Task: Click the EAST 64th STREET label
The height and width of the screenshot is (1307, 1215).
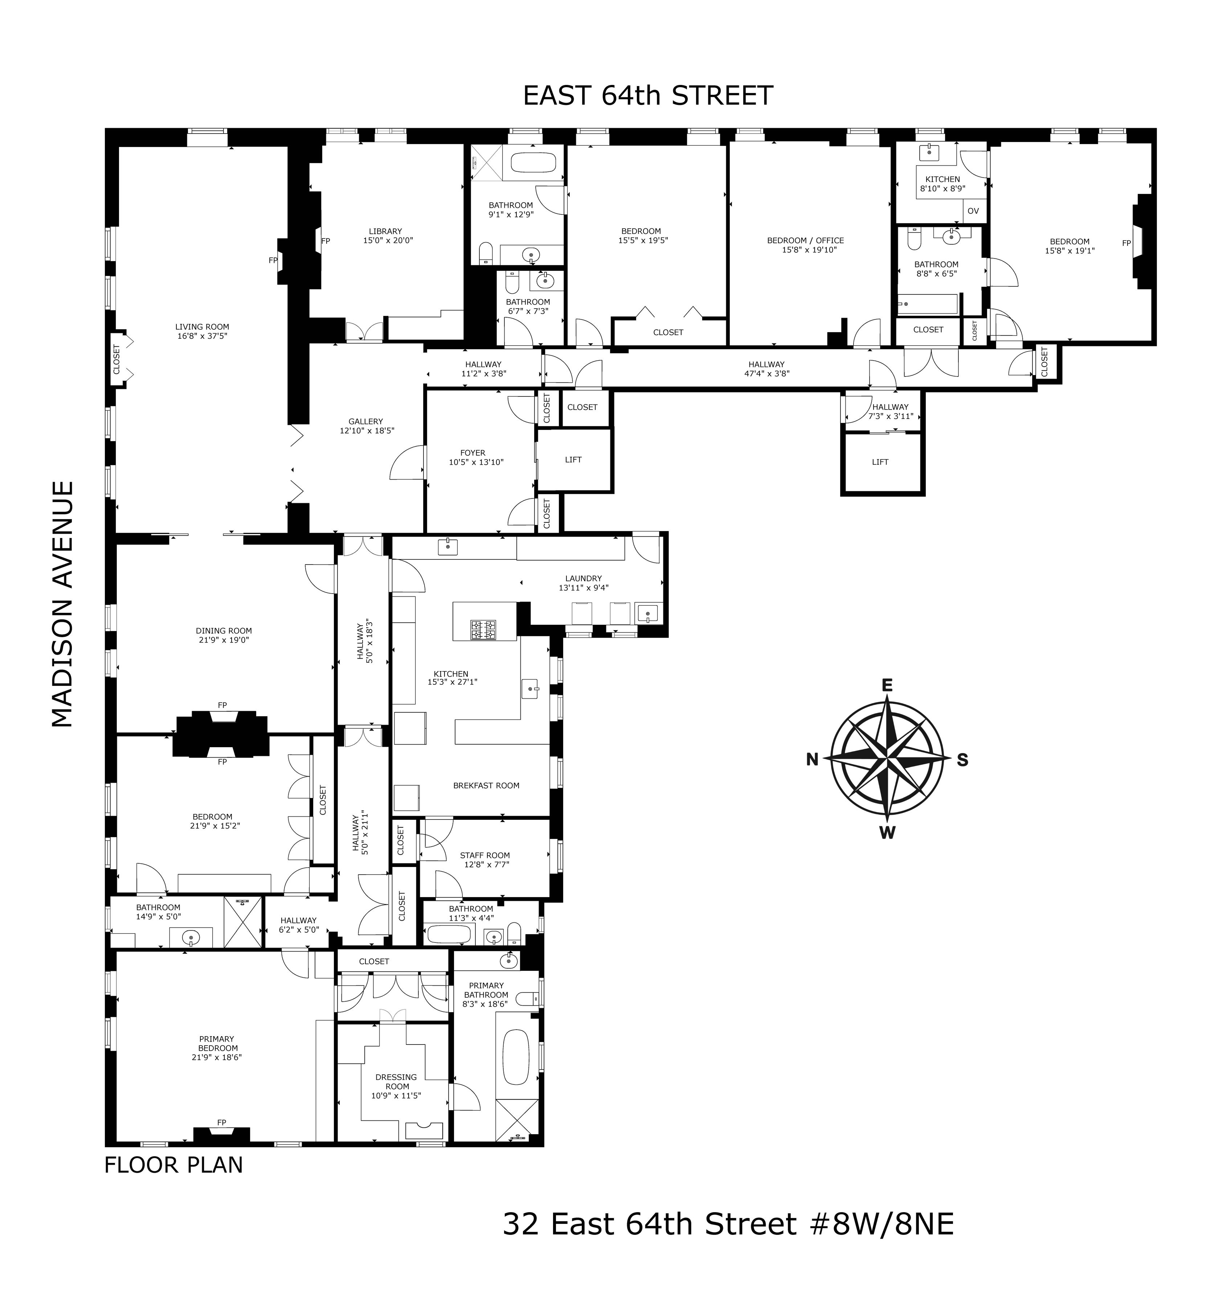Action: (x=648, y=96)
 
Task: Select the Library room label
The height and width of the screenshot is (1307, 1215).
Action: (x=385, y=231)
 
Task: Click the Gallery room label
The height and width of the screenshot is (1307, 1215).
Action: (x=366, y=422)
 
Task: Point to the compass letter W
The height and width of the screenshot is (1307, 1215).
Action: (x=887, y=833)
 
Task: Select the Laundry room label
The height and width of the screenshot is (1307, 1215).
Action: (x=584, y=579)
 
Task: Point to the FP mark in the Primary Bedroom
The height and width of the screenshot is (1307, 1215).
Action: (x=222, y=1122)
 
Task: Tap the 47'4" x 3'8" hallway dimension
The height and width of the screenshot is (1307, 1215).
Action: (x=767, y=374)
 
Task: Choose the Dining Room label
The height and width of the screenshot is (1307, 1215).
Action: (x=224, y=631)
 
